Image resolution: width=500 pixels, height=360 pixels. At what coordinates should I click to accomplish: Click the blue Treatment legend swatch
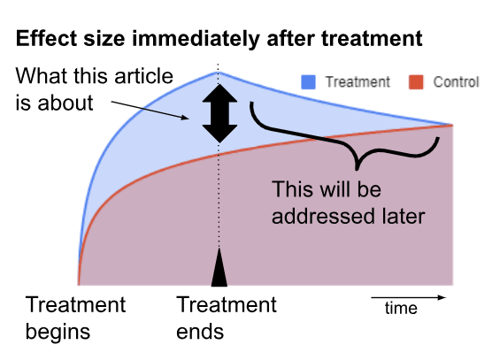tap(308, 82)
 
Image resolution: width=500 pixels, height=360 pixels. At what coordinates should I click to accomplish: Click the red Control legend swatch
tap(416, 82)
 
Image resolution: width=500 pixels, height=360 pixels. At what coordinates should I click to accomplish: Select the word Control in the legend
tap(456, 82)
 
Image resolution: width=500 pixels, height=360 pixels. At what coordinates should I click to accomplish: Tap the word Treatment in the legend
tap(358, 82)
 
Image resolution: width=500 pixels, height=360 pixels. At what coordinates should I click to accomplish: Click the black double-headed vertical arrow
tap(219, 113)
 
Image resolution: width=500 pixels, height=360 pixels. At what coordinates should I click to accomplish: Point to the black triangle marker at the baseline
tap(219, 267)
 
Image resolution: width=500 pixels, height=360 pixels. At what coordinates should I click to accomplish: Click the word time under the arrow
tap(401, 308)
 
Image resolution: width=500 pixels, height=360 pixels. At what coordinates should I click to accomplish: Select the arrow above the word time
tap(408, 297)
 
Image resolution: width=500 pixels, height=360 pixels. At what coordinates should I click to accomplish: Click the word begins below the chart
tap(58, 333)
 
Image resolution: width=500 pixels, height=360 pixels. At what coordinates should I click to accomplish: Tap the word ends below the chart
tap(200, 332)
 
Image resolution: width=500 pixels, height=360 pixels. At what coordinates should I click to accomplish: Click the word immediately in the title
tap(196, 39)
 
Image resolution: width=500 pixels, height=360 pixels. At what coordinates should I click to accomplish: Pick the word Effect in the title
tap(47, 39)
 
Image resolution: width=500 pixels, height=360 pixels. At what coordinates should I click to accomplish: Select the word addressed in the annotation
tap(323, 217)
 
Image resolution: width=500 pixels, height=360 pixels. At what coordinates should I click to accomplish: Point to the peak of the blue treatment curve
tap(218, 73)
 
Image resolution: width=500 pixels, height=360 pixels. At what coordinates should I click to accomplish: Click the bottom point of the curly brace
tap(358, 169)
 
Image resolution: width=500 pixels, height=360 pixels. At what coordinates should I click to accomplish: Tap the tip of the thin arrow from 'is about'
tap(189, 119)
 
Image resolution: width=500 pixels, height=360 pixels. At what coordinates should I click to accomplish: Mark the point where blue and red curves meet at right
tap(452, 125)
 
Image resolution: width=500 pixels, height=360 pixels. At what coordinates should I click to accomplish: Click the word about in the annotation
tap(65, 103)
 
